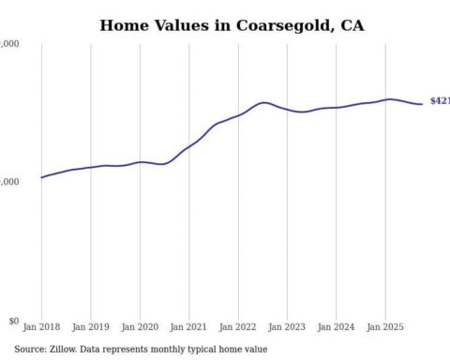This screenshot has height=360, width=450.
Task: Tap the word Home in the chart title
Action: click(124, 25)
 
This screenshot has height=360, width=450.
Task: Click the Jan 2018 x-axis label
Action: click(41, 328)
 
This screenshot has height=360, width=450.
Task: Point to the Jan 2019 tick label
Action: click(90, 328)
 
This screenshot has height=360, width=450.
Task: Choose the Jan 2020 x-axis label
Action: click(140, 328)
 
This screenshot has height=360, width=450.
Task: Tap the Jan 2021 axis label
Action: click(188, 328)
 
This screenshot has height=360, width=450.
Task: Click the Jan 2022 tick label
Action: click(238, 328)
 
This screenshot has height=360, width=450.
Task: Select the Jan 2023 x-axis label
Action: click(287, 328)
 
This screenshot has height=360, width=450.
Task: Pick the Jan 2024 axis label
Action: click(337, 328)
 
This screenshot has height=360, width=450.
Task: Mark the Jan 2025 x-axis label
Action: click(385, 328)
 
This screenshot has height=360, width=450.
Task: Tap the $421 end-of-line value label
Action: click(439, 100)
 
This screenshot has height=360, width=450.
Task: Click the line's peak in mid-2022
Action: click(264, 102)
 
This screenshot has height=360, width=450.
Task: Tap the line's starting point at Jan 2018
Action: click(41, 177)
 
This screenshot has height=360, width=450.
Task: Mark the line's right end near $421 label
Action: click(421, 103)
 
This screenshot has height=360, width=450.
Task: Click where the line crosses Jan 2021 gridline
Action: click(188, 146)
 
